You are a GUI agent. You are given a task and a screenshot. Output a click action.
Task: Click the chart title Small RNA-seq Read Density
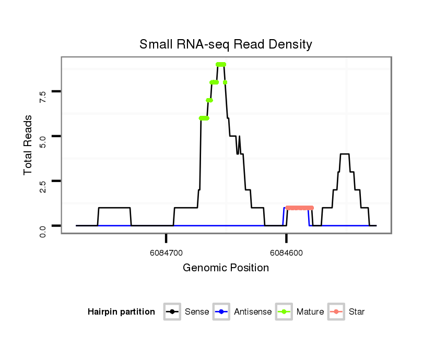pyautogui.click(x=226, y=44)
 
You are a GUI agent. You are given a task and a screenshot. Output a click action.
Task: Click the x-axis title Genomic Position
pyautogui.click(x=226, y=268)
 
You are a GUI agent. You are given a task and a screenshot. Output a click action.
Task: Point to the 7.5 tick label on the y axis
pyautogui.click(x=43, y=96)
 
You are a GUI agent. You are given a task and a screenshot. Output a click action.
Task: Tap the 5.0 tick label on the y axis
pyautogui.click(x=43, y=140)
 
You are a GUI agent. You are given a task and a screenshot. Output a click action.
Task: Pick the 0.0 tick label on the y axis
pyautogui.click(x=43, y=230)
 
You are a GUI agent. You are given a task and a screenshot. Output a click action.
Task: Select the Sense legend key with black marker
pyautogui.click(x=172, y=312)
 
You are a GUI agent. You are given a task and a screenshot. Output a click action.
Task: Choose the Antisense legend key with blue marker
pyautogui.click(x=222, y=312)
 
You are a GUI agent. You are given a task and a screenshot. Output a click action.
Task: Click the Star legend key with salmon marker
pyautogui.click(x=336, y=312)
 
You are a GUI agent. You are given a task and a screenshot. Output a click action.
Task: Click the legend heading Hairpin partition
pyautogui.click(x=121, y=312)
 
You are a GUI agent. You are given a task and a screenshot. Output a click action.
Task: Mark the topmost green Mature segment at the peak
pyautogui.click(x=221, y=64)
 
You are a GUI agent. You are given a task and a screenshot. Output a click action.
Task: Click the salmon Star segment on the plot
pyautogui.click(x=300, y=208)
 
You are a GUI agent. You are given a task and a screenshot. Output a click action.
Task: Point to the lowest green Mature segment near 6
pyautogui.click(x=204, y=118)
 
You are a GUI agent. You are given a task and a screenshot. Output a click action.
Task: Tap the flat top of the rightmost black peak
pyautogui.click(x=344, y=154)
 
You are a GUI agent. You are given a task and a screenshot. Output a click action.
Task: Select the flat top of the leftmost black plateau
pyautogui.click(x=114, y=208)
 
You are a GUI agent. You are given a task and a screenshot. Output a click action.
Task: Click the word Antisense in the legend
pyautogui.click(x=253, y=312)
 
